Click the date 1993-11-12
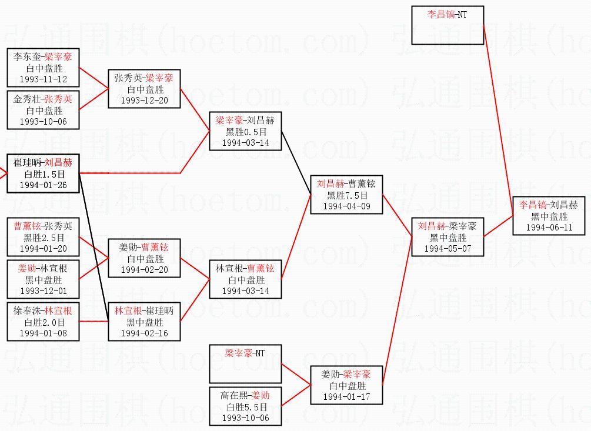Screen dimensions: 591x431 (x=44, y=79)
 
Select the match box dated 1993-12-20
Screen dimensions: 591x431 (x=144, y=89)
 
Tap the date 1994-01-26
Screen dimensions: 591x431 (x=44, y=185)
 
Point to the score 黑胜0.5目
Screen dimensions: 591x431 (x=246, y=132)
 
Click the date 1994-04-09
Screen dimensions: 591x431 (x=347, y=206)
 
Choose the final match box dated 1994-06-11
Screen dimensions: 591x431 (x=549, y=216)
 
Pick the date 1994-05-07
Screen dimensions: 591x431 (x=448, y=249)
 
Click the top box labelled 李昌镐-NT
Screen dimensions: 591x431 (x=448, y=25)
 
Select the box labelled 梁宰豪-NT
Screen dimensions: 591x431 (x=246, y=363)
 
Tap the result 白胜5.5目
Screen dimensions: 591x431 (x=246, y=406)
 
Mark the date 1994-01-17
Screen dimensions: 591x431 (x=347, y=397)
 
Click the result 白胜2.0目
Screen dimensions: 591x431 (x=44, y=322)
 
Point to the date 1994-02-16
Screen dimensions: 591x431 (x=144, y=333)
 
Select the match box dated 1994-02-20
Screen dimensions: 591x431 (x=144, y=258)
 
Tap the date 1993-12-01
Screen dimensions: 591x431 (x=44, y=291)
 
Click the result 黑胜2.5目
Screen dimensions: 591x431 (x=44, y=237)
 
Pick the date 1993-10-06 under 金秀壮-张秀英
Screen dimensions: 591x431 (x=44, y=122)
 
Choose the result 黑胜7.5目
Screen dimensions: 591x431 (x=347, y=195)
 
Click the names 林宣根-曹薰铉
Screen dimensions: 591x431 (x=246, y=268)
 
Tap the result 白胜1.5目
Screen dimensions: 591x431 (x=44, y=174)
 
